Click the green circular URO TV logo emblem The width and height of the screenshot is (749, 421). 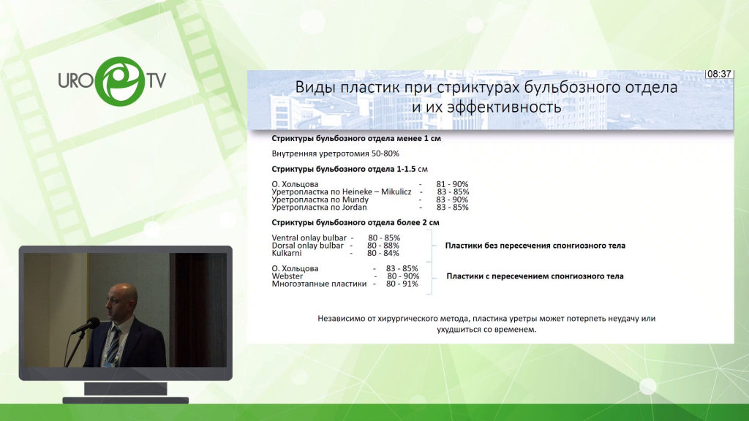coord(119,81)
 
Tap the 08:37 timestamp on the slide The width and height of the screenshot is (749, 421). coord(719,74)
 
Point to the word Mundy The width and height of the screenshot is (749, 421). coord(355,200)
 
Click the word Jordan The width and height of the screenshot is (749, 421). coord(355,208)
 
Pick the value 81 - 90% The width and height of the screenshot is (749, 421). coord(452,184)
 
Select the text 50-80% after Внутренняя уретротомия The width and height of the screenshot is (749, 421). coord(385,153)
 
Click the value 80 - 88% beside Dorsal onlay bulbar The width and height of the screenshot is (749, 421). coord(383,246)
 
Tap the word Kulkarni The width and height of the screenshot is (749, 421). coord(287,254)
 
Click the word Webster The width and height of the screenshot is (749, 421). coord(287,276)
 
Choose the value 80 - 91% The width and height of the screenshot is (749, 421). coord(402,284)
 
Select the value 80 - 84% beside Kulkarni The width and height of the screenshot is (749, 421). coord(383,254)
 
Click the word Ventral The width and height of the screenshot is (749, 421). coord(285,238)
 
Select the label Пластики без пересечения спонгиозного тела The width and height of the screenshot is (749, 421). coord(535,246)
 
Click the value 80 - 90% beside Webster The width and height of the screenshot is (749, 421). coord(403,276)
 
